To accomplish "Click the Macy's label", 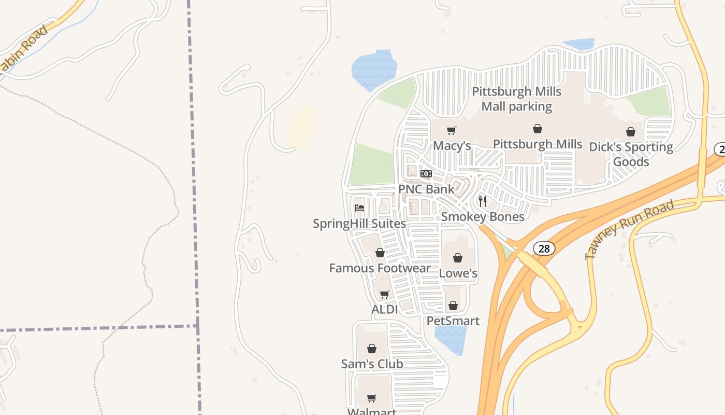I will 452,146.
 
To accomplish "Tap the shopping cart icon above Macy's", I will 452,130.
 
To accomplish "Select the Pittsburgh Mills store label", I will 538,144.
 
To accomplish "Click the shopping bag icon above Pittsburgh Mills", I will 538,129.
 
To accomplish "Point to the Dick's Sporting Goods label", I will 631,155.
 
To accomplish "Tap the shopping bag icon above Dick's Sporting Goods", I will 631,132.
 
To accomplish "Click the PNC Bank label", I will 426,189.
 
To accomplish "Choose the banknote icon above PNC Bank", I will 426,174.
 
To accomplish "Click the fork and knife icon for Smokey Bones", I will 482,201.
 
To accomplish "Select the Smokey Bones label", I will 483,217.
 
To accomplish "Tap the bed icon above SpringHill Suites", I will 359,208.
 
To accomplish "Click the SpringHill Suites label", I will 359,224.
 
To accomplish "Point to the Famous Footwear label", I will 380,268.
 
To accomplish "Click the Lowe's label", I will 458,273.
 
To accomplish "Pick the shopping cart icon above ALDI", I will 384,294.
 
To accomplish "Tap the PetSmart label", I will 453,321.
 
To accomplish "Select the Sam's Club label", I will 372,364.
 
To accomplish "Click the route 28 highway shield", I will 544,249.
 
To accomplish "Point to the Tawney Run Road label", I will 629,230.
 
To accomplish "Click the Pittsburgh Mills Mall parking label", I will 516,99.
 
